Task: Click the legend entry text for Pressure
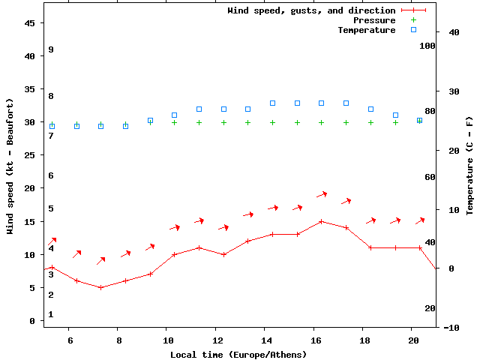tap(374, 20)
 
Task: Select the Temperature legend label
tap(366, 30)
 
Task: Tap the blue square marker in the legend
tap(413, 30)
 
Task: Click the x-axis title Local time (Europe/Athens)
tap(238, 354)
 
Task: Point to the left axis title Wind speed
tap(10, 166)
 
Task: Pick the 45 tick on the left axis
tap(30, 23)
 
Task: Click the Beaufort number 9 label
tap(51, 49)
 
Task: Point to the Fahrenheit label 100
tap(427, 46)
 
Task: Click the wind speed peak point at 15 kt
tap(321, 221)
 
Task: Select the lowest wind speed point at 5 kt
tap(100, 287)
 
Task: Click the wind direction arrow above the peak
tap(321, 194)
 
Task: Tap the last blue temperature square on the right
tap(419, 120)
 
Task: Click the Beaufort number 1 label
tap(51, 314)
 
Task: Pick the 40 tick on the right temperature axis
tap(454, 32)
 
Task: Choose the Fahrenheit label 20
tap(430, 308)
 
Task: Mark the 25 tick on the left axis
tap(30, 155)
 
